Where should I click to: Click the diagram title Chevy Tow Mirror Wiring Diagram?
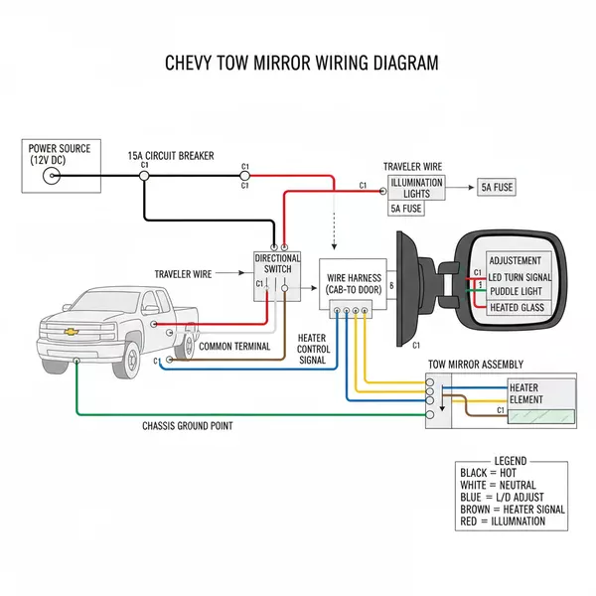[x=300, y=63]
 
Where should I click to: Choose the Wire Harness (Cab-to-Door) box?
[x=354, y=282]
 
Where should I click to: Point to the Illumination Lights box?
[x=416, y=188]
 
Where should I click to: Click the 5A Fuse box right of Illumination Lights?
[x=497, y=187]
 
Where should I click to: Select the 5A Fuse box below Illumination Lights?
[x=405, y=209]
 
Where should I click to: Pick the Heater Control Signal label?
[x=314, y=349]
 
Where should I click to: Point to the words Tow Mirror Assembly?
[x=475, y=365]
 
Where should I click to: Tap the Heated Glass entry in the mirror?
[x=517, y=308]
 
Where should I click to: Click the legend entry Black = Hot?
[x=490, y=473]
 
